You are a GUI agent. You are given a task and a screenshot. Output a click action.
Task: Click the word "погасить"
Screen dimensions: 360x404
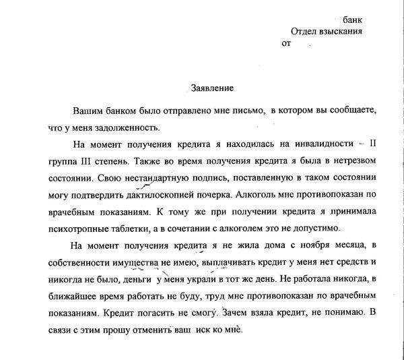click(x=170, y=313)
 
